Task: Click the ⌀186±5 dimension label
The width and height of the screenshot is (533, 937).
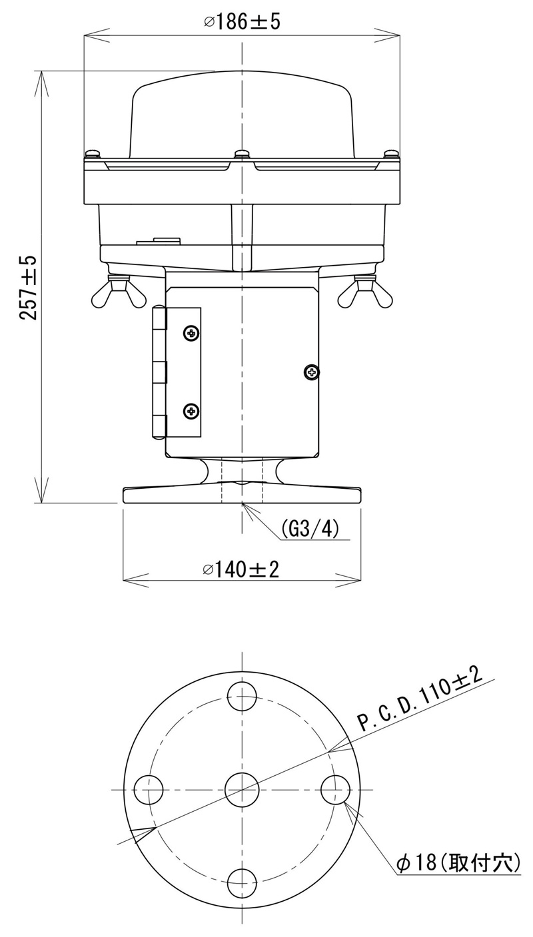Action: (x=242, y=22)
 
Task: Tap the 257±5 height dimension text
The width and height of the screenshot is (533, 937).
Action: (x=29, y=288)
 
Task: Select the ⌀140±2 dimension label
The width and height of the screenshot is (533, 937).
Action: (x=241, y=569)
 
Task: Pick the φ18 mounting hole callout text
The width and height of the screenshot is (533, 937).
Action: (x=458, y=860)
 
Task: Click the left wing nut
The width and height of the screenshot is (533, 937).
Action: (x=119, y=292)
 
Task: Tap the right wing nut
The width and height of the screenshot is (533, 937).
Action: (x=365, y=292)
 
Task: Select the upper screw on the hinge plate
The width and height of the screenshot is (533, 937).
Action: (x=191, y=334)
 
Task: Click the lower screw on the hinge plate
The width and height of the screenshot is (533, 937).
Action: (x=191, y=411)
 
